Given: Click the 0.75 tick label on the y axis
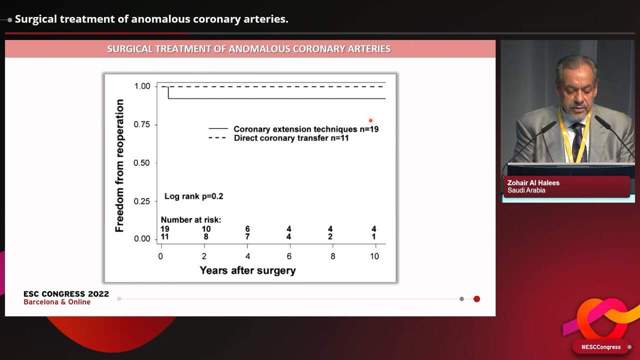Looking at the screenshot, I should [142, 124].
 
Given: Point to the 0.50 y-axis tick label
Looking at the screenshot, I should [142, 163].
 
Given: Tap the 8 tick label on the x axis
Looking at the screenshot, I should [332, 256].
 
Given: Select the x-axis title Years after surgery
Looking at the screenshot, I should [247, 270].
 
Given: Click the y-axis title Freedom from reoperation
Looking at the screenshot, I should [119, 165].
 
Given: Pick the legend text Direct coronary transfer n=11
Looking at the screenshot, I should [291, 138].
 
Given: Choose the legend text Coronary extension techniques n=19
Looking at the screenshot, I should [305, 129].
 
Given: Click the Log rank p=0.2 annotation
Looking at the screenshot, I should [194, 196].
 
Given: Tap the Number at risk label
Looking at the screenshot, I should [190, 220].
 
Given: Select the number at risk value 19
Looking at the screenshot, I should [164, 229].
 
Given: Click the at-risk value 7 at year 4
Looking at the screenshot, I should [247, 236].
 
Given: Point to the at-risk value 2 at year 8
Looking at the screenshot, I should [330, 236].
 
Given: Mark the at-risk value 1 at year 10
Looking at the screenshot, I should [374, 236].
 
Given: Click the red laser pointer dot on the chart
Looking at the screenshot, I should [370, 120].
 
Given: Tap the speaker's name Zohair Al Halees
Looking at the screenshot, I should [533, 183].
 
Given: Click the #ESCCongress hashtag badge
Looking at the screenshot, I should [600, 347].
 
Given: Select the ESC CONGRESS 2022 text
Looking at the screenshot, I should [66, 294].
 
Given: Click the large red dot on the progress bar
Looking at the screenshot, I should [476, 299].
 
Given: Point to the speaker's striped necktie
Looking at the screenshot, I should [578, 142].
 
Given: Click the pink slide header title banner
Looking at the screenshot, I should [249, 49].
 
